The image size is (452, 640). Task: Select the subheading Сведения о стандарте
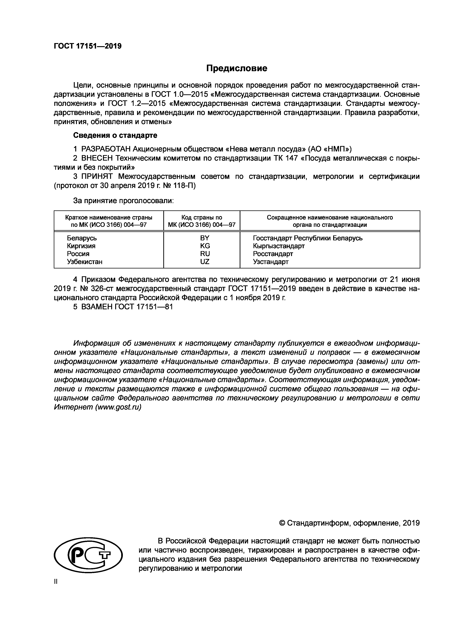click(x=115, y=135)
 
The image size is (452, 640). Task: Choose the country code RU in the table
click(x=205, y=254)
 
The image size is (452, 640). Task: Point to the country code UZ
click(x=205, y=262)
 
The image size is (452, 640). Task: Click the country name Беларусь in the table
click(x=82, y=238)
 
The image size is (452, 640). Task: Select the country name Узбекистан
click(x=85, y=262)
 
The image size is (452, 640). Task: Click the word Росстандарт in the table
click(x=273, y=254)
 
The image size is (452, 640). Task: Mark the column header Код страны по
click(x=202, y=217)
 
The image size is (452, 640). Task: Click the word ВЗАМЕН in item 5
click(x=96, y=307)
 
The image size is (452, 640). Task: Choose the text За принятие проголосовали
click(x=123, y=201)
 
